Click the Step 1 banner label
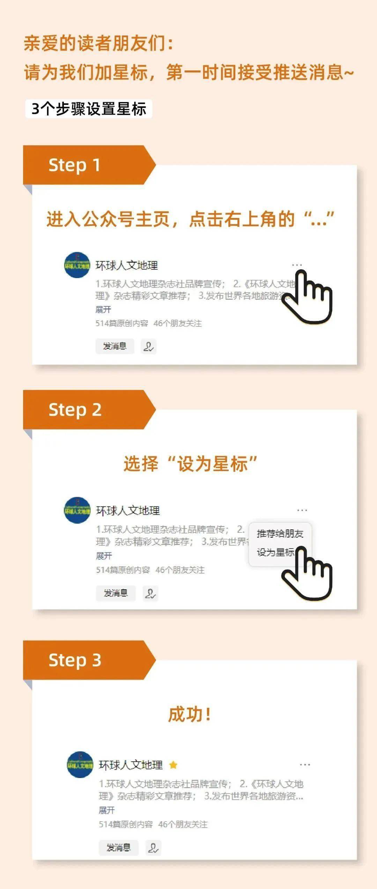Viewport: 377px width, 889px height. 75,165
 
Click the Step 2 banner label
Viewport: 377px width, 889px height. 75,410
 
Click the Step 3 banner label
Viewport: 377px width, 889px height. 75,660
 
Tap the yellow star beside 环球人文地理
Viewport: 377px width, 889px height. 173,765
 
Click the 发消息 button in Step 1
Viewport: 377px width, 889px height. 115,346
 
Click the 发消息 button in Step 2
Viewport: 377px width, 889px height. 116,593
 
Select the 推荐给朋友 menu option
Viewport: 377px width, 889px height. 280,533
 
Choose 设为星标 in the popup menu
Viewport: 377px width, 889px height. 275,552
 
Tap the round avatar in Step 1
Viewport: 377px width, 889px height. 77,265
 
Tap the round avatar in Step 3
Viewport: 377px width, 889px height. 80,765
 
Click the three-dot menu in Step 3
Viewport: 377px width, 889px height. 305,765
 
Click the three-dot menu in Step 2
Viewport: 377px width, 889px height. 302,510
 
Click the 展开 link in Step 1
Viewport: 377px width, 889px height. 103,309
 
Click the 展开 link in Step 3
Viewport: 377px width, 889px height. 106,810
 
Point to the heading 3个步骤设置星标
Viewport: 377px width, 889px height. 89,109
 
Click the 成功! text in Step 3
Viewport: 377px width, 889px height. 190,714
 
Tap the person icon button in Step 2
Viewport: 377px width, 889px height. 150,593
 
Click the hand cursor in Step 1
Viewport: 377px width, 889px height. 309,298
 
